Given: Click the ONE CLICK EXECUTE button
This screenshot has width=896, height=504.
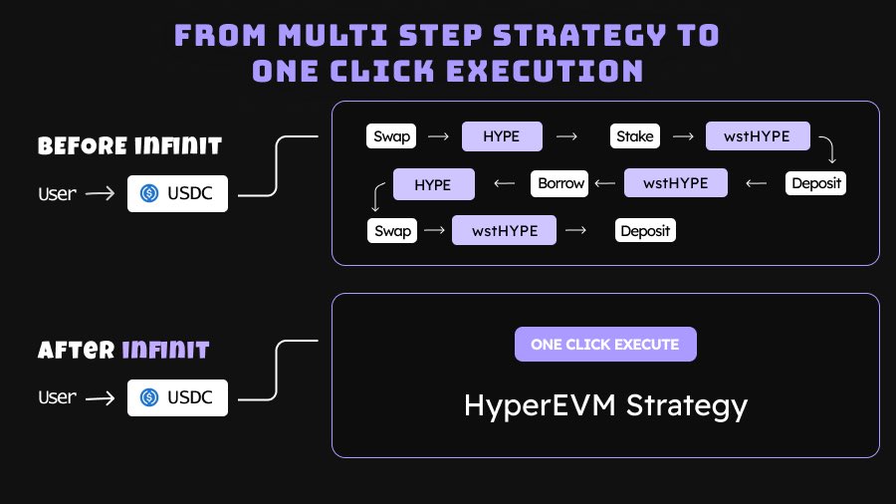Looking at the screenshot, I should (x=605, y=345).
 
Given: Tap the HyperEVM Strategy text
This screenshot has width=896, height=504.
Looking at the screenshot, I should (x=605, y=405).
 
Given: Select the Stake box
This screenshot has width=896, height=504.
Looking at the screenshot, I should (x=634, y=136).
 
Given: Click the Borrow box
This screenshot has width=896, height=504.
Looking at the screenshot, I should (x=561, y=183).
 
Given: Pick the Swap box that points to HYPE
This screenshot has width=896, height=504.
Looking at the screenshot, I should (x=392, y=136).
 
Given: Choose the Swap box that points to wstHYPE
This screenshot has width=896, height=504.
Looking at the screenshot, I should (x=392, y=231).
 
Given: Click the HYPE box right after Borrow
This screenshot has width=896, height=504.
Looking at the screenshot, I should (x=433, y=184).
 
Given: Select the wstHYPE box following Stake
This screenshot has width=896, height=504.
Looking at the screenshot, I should (x=758, y=136).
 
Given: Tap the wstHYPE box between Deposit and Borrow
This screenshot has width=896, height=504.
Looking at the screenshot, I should (x=676, y=183).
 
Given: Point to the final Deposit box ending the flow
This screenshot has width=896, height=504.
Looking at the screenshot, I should (x=645, y=231).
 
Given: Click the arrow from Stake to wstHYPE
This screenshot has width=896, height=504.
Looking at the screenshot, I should (x=683, y=136).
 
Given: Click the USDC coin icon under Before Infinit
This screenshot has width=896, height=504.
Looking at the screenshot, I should (x=150, y=193).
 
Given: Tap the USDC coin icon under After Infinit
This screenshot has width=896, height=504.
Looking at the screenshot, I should (x=150, y=397).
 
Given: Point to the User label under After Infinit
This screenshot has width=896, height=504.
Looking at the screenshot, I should (x=57, y=397).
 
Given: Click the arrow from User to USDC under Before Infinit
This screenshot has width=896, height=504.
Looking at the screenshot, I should (x=101, y=193).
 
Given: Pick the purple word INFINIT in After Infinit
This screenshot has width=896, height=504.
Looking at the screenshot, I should (x=165, y=351).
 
